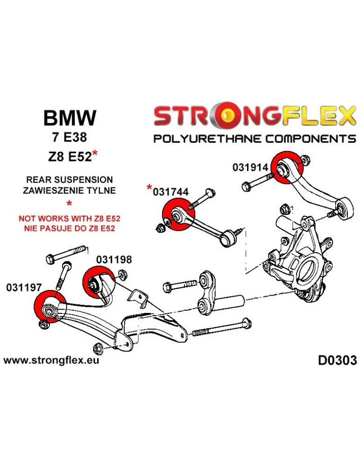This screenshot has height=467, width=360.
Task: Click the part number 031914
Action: point(251,168)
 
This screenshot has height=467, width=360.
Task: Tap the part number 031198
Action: point(114,260)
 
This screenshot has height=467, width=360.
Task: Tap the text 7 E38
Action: point(70,138)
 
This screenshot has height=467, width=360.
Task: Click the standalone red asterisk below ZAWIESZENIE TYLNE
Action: point(70,203)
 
